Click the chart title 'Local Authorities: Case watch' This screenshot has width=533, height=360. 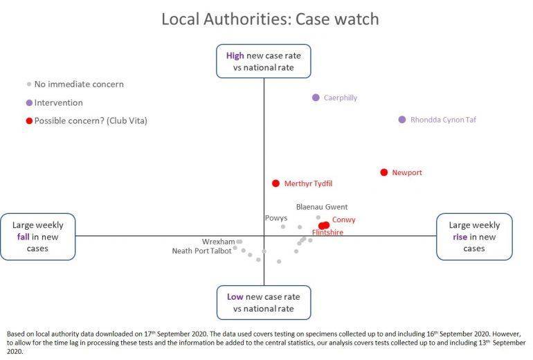coord(270,19)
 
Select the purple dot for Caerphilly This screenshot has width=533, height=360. coord(316,98)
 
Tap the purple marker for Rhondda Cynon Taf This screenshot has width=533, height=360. coord(401,120)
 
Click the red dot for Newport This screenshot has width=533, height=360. coord(384,172)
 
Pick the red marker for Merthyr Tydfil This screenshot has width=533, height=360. coord(275,183)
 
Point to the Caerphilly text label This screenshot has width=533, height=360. coord(341,98)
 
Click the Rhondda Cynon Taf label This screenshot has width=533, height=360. coord(443,120)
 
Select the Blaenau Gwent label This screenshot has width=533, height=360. coord(322,206)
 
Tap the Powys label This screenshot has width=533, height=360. coord(276,218)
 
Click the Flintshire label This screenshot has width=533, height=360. coord(327,233)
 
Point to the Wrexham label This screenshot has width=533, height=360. coord(218,242)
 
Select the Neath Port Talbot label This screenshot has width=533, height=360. coord(201,251)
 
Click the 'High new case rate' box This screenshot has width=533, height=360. coord(263,61)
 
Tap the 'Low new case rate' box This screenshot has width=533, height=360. coord(263,303)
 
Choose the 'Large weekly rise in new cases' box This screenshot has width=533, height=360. coord(474,236)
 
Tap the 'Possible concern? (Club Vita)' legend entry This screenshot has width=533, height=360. coord(86,120)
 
